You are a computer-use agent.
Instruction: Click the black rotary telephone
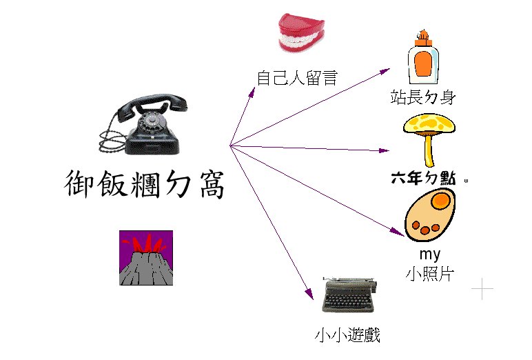[x=149, y=128]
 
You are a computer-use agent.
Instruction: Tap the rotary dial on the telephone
[x=151, y=126]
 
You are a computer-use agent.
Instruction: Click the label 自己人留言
[x=296, y=77]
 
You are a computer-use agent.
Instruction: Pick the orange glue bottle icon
[x=423, y=59]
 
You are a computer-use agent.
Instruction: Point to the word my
[x=429, y=254]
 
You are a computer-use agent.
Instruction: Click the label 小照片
[x=429, y=273]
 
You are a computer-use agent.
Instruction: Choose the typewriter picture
[x=349, y=297]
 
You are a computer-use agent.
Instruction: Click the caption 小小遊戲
[x=347, y=336]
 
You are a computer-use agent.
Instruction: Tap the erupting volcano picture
[x=145, y=257]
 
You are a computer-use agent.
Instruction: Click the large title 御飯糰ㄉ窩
[x=144, y=184]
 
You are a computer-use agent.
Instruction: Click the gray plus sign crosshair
[x=482, y=289]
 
